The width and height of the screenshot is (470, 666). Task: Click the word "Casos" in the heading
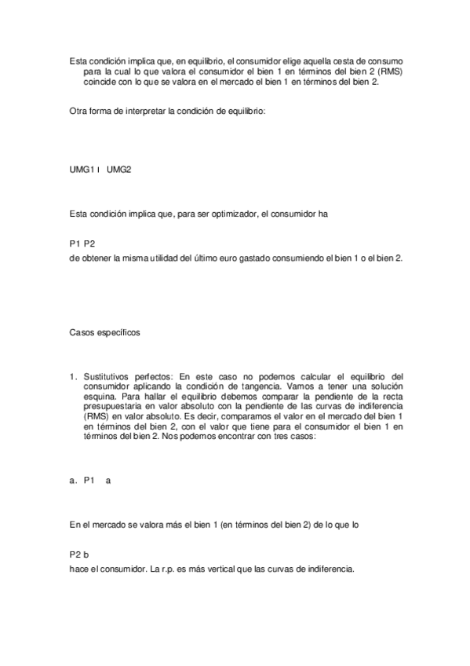[x=82, y=332]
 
